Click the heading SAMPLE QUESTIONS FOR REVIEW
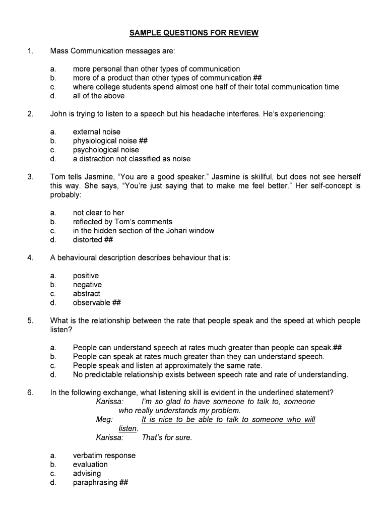(x=193, y=33)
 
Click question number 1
(x=31, y=51)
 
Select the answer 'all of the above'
(x=98, y=96)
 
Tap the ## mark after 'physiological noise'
(x=143, y=141)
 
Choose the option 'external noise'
(x=97, y=132)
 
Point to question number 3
(x=31, y=177)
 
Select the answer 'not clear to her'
(x=98, y=213)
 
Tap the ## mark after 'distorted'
(x=108, y=240)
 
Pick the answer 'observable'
(x=92, y=303)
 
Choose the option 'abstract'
(x=87, y=294)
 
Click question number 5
(x=31, y=320)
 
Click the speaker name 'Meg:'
(x=105, y=420)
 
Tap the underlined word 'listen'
(x=127, y=428)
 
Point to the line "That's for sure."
(x=167, y=437)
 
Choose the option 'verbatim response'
(x=104, y=456)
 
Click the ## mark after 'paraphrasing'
(x=123, y=483)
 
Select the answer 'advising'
(x=87, y=474)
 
